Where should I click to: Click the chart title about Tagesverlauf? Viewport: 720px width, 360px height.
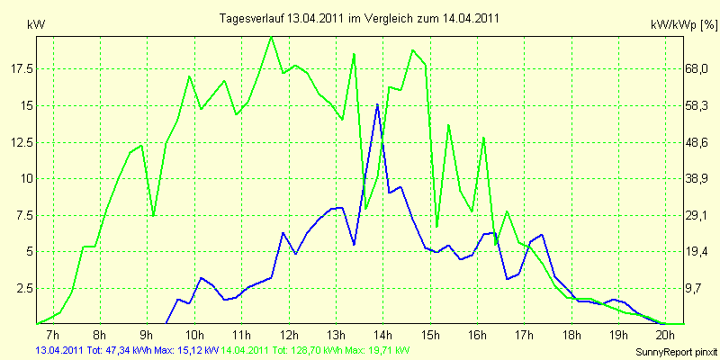tap(360, 18)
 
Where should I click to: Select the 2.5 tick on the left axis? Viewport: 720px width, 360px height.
tap(25, 288)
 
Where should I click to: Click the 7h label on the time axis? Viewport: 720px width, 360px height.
tap(51, 335)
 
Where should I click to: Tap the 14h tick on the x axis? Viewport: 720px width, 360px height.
tap(382, 335)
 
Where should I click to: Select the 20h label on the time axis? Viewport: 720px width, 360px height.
tap(665, 335)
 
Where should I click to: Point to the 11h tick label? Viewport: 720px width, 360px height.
tap(240, 335)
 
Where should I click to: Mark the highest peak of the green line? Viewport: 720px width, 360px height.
tap(271, 37)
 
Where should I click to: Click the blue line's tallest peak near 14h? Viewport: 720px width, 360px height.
tap(377, 105)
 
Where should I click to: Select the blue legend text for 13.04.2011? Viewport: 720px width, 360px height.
tap(126, 350)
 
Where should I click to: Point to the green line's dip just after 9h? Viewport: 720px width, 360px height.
tap(154, 216)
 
